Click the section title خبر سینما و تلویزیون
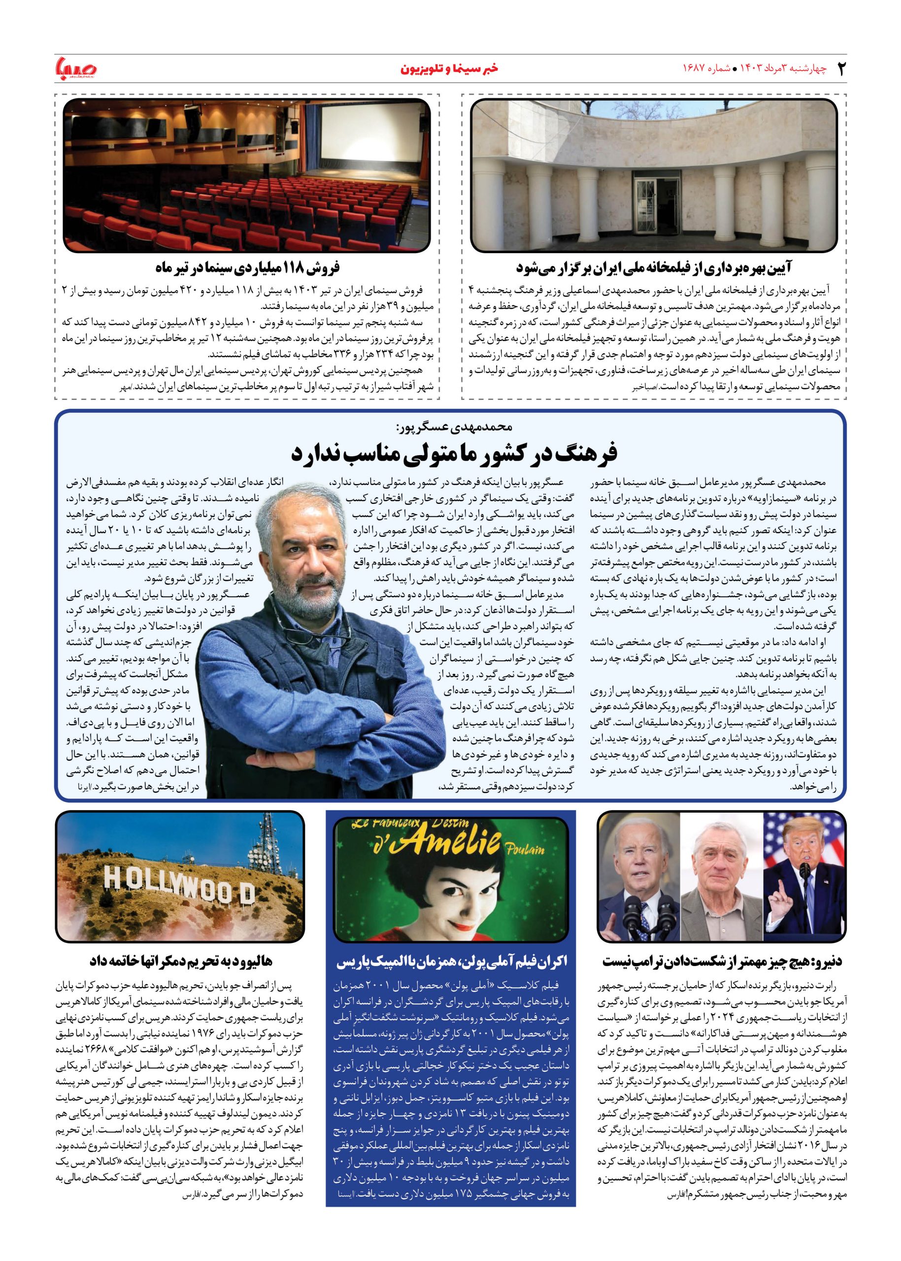450,69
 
